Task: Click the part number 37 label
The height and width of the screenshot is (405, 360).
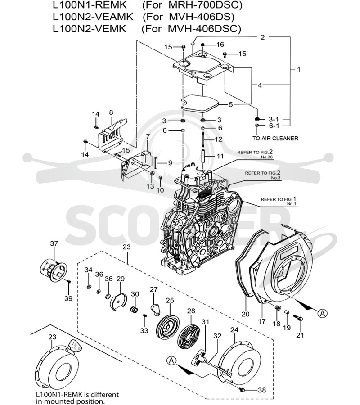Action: (54, 243)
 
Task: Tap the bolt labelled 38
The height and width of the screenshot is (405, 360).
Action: (243, 389)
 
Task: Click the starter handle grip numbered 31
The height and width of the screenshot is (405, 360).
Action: (199, 357)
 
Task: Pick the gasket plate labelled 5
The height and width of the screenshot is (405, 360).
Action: (200, 103)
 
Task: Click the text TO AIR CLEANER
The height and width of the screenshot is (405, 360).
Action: (275, 139)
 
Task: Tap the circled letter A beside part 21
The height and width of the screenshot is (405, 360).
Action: (322, 314)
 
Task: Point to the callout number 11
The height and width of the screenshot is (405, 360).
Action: (220, 156)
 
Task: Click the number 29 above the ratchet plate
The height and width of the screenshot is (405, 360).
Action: (121, 279)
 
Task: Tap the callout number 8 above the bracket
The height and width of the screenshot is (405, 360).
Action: (111, 112)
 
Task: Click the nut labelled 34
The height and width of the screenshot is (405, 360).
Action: (89, 287)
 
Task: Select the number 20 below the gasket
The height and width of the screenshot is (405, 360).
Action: (245, 314)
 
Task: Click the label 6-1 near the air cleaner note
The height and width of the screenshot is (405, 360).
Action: (274, 126)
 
